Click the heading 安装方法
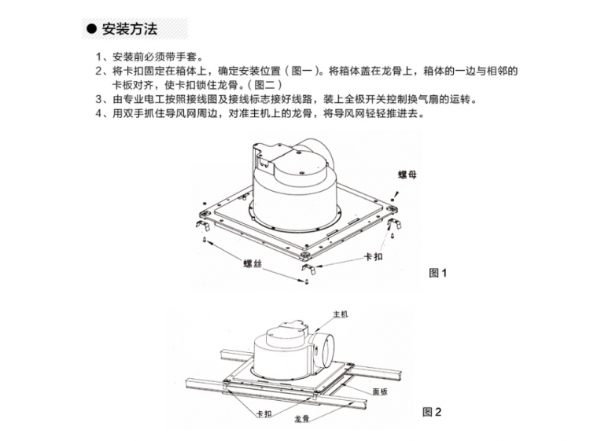(x=130, y=29)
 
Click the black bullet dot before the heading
(x=91, y=29)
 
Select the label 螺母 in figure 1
(x=407, y=175)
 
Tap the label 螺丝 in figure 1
(x=252, y=263)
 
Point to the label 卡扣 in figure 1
(x=373, y=256)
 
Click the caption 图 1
(x=437, y=273)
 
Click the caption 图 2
(x=432, y=412)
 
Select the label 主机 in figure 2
(x=340, y=314)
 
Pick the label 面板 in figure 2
(x=380, y=391)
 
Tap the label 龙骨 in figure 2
(x=301, y=418)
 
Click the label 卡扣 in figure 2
(x=264, y=413)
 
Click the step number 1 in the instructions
(x=98, y=57)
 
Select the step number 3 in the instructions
(x=98, y=99)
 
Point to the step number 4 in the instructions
(x=98, y=113)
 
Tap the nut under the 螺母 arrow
(x=393, y=200)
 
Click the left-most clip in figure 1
(x=203, y=224)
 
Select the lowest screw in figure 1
(x=305, y=281)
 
